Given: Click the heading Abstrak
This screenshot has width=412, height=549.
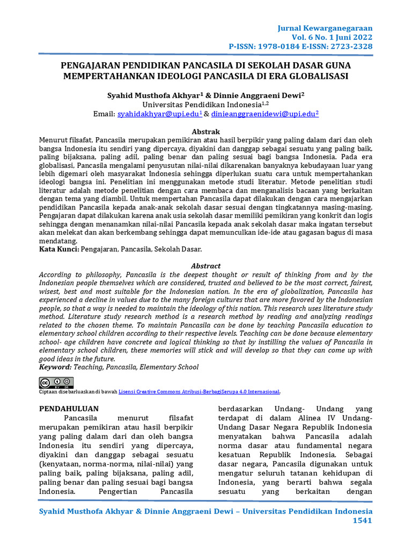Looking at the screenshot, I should click(x=206, y=131).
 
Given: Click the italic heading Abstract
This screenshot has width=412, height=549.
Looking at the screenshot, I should click(x=206, y=266).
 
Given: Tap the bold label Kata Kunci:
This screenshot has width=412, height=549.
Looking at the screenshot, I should click(x=60, y=249).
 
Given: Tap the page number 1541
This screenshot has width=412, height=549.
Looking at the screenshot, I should click(x=362, y=521).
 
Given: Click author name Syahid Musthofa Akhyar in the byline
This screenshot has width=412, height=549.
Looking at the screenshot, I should click(x=149, y=94).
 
